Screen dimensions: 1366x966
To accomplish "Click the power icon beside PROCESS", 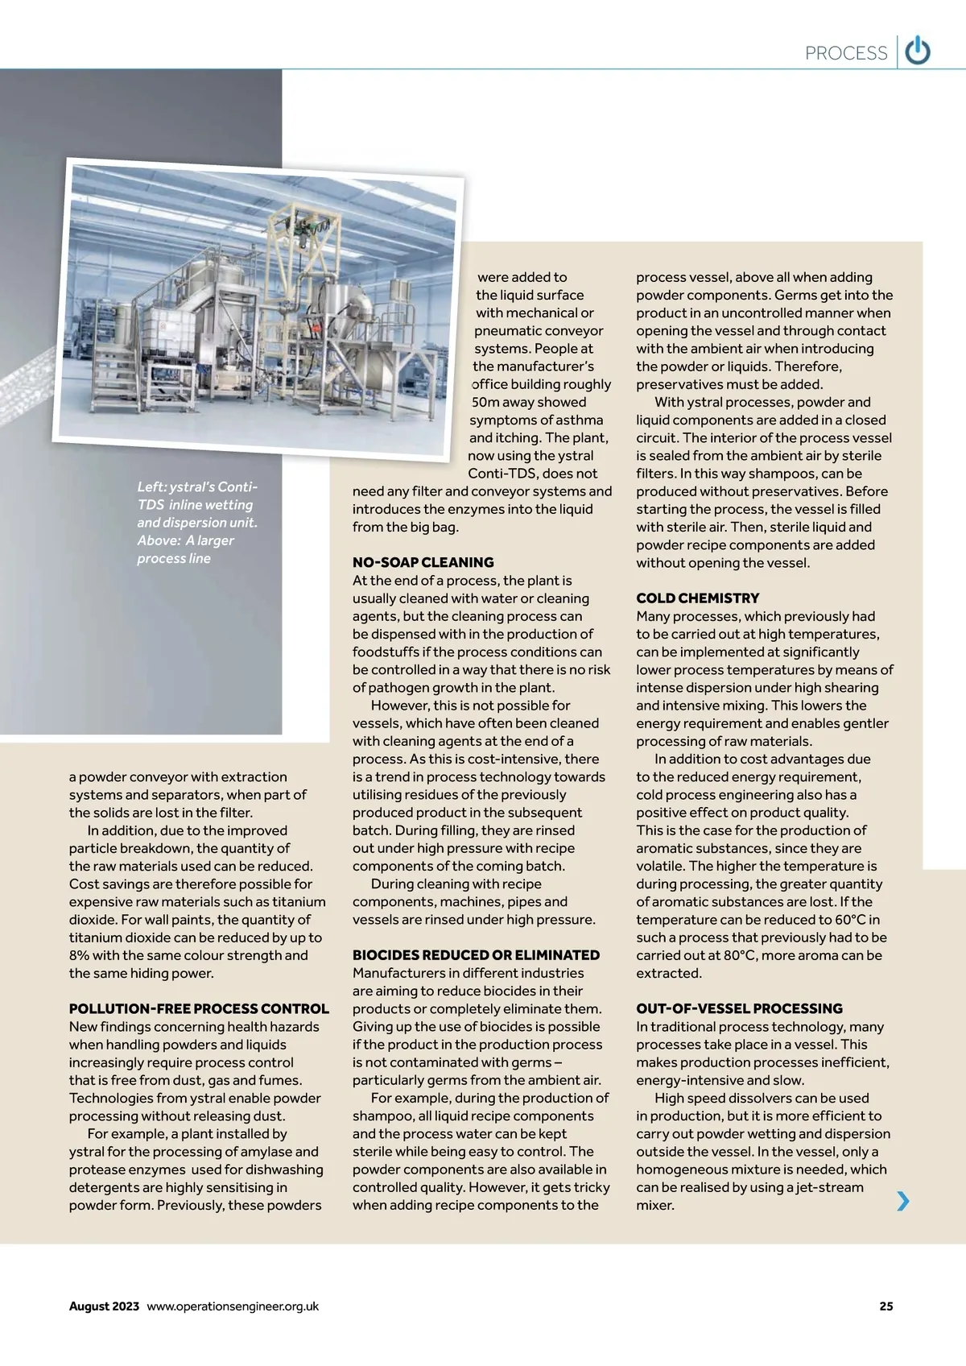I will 918,52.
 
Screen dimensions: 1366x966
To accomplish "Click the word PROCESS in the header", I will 846,53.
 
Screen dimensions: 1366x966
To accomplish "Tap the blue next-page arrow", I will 903,1201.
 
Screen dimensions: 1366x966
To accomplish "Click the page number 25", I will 886,1306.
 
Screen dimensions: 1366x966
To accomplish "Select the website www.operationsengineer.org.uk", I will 233,1306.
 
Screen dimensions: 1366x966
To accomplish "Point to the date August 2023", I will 104,1306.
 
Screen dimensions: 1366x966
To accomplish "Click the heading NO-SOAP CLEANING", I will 423,562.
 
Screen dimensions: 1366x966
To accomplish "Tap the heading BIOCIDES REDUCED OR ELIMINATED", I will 476,955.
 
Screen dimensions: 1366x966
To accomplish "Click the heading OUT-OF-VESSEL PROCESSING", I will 739,1008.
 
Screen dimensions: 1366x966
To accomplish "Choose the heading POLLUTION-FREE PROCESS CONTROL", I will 199,1008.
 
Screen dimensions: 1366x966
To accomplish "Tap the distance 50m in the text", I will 486,402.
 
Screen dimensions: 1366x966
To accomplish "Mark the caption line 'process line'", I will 174,558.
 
